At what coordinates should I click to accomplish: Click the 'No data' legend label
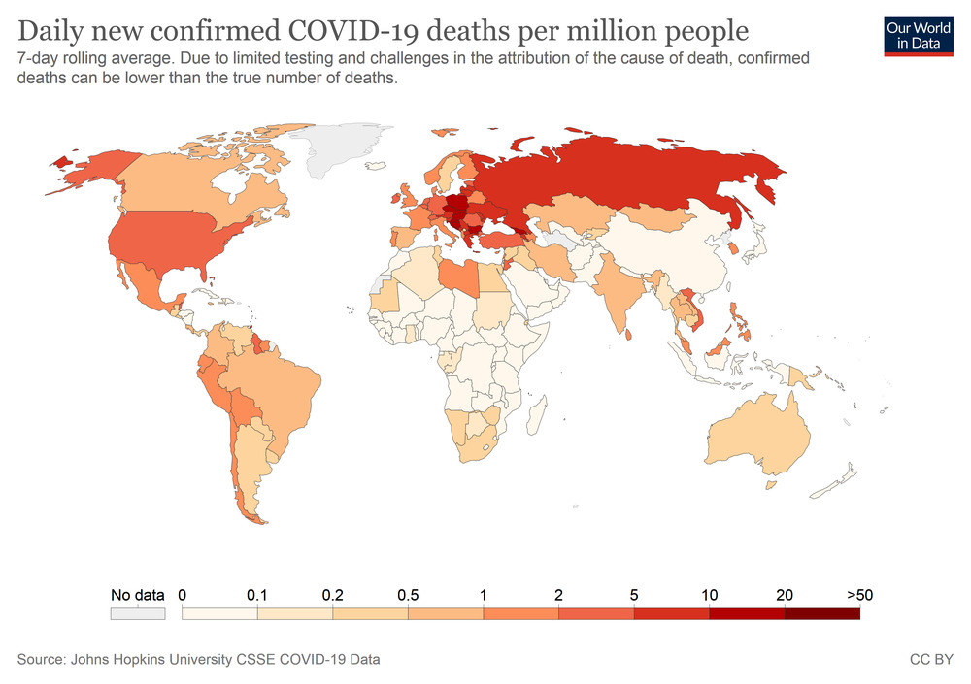[x=137, y=595]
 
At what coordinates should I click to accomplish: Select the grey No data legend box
[x=137, y=613]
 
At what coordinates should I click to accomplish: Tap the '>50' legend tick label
[x=859, y=595]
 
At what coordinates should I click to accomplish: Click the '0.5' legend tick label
[x=408, y=595]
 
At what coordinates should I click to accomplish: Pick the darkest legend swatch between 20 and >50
[x=821, y=613]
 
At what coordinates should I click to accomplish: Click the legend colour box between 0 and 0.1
[x=220, y=613]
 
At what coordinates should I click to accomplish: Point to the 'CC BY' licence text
[x=930, y=660]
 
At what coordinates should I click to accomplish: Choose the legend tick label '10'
[x=709, y=595]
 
